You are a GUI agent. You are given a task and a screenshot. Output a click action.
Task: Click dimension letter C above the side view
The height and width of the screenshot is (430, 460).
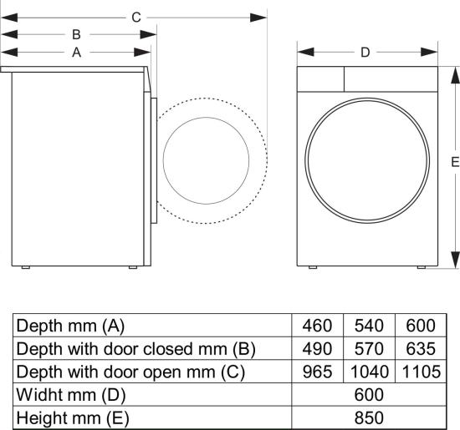tap(136, 18)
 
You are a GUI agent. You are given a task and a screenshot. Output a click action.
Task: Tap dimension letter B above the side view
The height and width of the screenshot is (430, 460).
tap(76, 34)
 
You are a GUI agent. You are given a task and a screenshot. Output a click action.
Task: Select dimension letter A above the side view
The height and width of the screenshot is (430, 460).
tap(76, 53)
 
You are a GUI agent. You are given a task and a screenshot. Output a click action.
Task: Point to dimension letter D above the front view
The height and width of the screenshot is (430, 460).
tap(365, 53)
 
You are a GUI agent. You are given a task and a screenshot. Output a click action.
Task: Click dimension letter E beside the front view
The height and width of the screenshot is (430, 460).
tap(455, 162)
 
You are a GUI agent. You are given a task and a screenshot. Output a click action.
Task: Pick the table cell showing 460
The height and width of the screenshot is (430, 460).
tap(317, 326)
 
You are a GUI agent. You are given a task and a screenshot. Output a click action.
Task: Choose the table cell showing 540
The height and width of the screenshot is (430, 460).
tap(369, 326)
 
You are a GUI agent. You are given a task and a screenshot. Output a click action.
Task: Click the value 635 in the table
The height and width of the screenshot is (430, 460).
tap(421, 348)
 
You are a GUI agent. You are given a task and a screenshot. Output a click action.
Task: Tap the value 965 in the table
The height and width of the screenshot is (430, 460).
tap(317, 372)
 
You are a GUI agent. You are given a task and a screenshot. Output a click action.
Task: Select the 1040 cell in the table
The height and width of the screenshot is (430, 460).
tap(370, 372)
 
